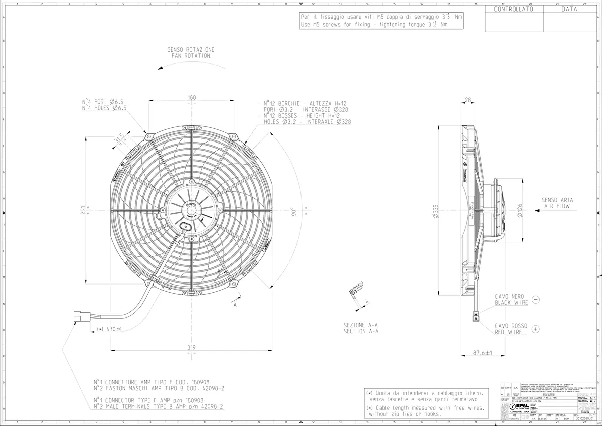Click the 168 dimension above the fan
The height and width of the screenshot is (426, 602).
tap(191, 97)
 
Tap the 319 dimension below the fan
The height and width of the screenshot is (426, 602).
tap(191, 347)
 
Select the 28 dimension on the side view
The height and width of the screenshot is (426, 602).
tap(468, 100)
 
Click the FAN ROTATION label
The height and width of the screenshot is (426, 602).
tap(191, 56)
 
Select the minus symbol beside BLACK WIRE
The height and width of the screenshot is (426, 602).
tap(535, 300)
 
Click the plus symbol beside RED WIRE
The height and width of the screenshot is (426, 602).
tap(535, 329)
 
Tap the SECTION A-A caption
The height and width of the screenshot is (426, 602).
tap(361, 331)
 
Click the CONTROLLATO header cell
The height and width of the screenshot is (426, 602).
tap(514, 9)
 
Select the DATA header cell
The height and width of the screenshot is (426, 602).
tap(569, 9)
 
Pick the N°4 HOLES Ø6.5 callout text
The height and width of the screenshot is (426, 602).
tap(104, 108)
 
